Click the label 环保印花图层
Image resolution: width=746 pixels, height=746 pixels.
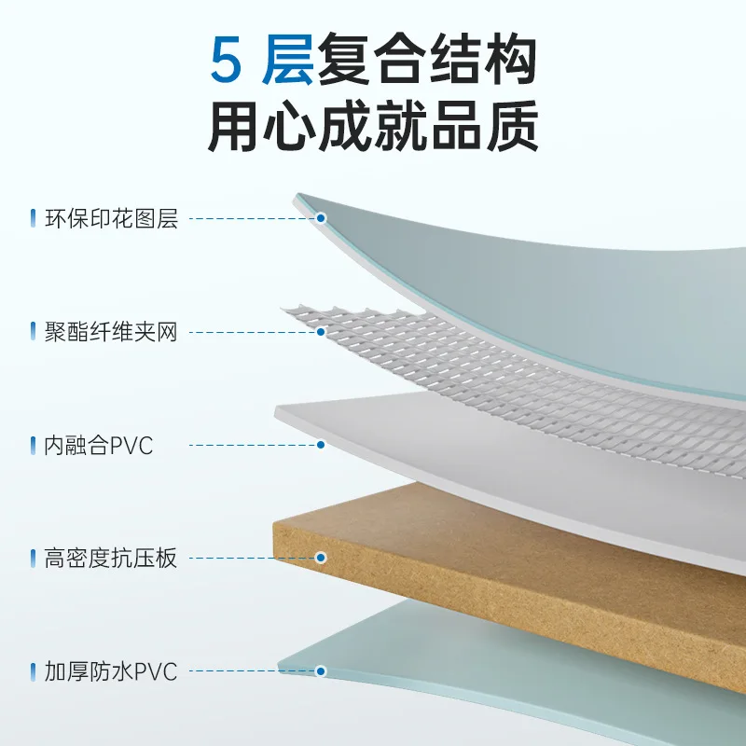[111, 219]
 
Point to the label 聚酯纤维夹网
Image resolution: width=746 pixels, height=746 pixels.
[111, 332]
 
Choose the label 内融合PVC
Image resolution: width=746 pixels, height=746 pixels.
[98, 446]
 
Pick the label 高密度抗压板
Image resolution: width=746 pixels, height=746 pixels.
[111, 559]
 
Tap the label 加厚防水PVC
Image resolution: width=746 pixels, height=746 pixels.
[111, 671]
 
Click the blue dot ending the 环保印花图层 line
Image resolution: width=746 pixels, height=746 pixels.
[321, 219]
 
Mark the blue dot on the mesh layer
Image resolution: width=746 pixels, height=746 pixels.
[321, 332]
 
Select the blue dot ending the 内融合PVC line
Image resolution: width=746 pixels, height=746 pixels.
[321, 445]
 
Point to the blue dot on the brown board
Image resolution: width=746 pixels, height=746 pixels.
[321, 558]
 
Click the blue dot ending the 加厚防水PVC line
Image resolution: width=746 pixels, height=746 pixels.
[321, 670]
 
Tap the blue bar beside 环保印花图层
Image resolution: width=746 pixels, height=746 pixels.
[34, 219]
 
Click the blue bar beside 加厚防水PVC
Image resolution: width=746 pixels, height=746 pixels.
[34, 671]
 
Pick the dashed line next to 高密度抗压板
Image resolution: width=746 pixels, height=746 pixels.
[247, 559]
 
